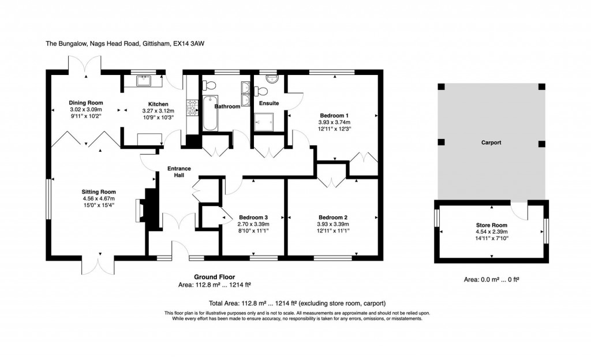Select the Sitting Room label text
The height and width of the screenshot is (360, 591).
point(99,192)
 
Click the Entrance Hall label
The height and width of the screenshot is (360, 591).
point(179,172)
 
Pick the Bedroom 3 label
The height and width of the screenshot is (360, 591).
point(253,217)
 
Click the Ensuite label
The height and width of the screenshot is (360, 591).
point(269,103)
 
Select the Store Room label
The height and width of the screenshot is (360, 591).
point(491,225)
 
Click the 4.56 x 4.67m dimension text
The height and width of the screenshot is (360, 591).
point(99,199)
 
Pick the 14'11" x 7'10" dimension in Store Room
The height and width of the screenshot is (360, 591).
point(491,238)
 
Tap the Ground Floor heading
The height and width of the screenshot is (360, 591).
point(214,277)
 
